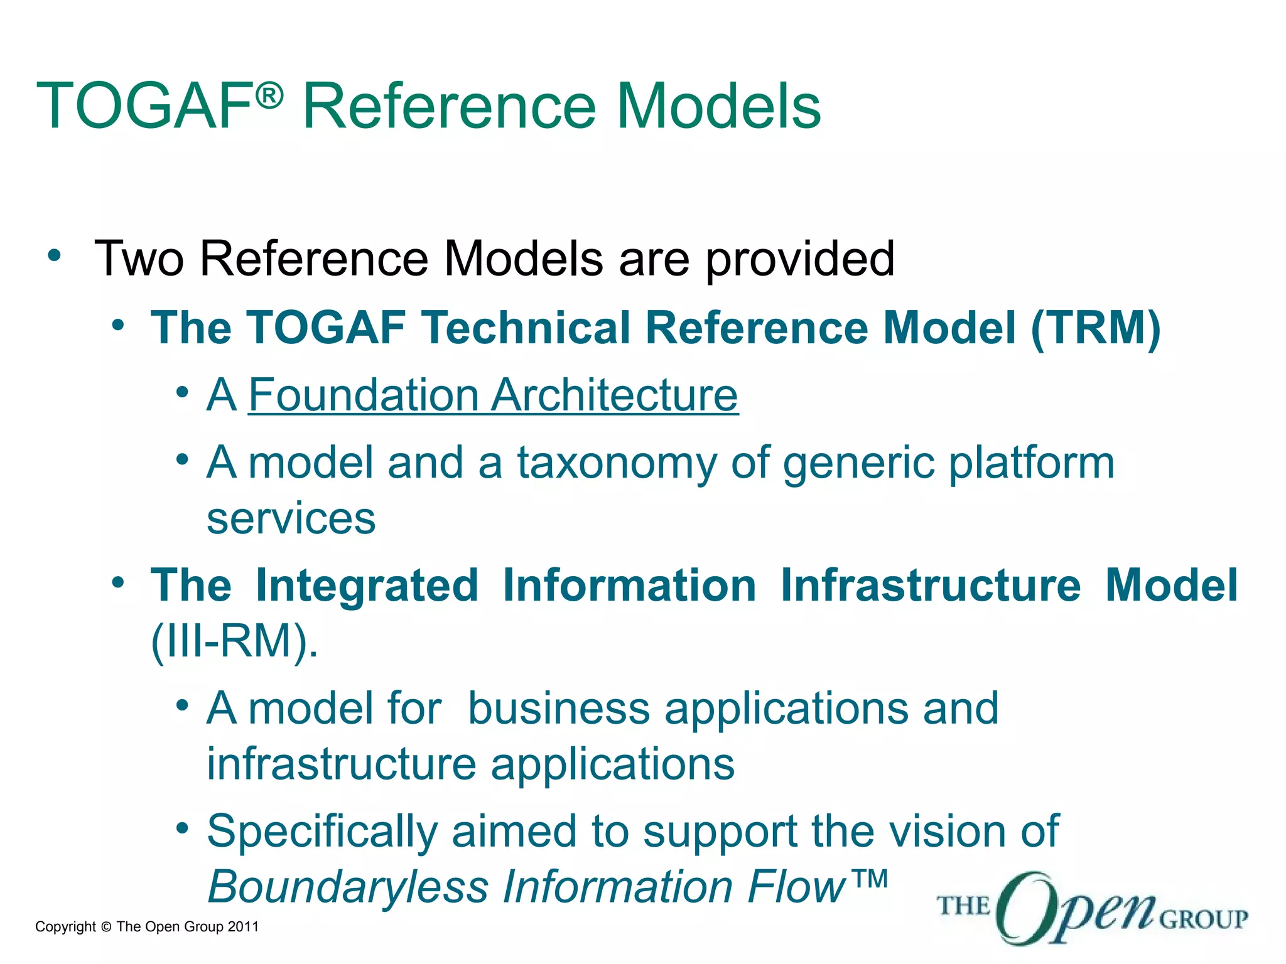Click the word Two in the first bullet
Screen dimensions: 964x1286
(139, 259)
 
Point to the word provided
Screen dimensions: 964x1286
(800, 260)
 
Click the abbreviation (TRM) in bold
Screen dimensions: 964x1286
(1095, 328)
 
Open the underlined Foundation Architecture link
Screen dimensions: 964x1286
(493, 395)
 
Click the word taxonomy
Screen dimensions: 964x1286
(616, 464)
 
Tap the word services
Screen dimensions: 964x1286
(291, 520)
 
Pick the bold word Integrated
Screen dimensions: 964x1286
(367, 586)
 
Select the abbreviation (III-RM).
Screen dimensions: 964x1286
(234, 641)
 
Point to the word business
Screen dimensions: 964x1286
(558, 709)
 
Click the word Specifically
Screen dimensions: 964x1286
(321, 832)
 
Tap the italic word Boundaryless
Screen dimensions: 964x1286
(348, 887)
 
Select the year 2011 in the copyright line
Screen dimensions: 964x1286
(243, 927)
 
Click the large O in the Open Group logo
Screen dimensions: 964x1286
(1025, 908)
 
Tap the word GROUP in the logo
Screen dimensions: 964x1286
(1203, 919)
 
